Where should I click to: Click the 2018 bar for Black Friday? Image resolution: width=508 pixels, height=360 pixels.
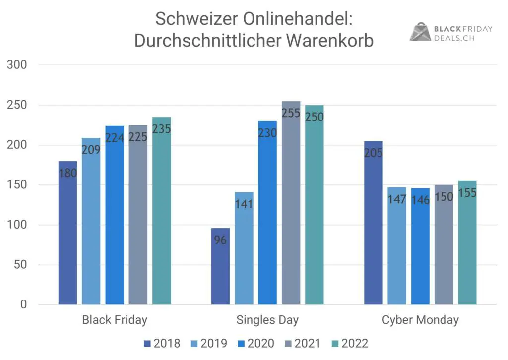coord(67,233)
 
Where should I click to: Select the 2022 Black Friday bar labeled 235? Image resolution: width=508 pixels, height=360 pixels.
coord(161,213)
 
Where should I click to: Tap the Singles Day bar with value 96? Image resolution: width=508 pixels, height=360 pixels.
coord(220,268)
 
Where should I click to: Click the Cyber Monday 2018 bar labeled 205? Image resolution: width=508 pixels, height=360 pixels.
coord(373,223)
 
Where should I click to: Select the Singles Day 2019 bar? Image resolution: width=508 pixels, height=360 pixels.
coord(244,248)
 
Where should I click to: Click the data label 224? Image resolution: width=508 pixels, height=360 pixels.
coord(115,137)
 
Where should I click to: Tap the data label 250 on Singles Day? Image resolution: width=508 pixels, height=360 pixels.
coord(314,117)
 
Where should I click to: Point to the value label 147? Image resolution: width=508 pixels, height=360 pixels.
coord(397,199)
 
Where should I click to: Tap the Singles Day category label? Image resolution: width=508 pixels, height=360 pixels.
coord(267,320)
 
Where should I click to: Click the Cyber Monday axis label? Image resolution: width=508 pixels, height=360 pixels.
coord(420,320)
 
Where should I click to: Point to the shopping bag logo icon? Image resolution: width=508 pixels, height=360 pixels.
coord(420,32)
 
